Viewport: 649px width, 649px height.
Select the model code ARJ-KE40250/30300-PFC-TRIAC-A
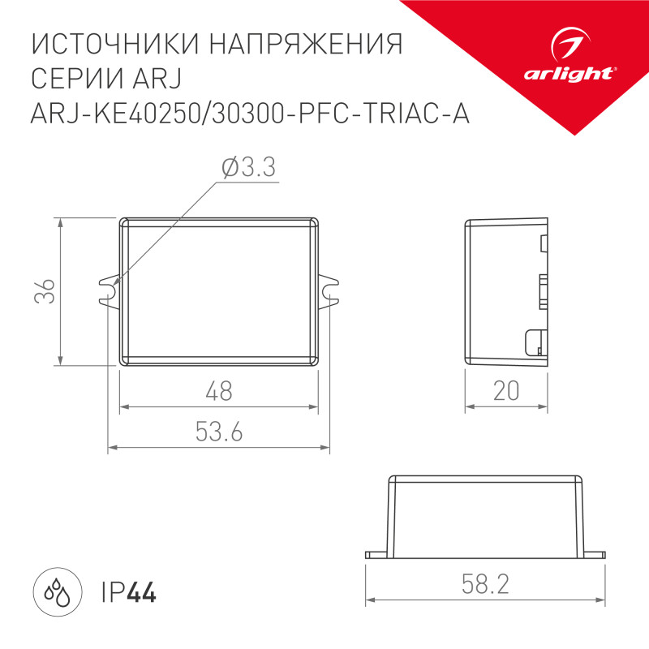[250, 115]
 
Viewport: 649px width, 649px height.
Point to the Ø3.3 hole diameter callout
[247, 169]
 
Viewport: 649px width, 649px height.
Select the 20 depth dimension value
[505, 392]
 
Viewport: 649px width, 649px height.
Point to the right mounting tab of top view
[329, 290]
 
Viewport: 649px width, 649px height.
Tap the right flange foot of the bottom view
[595, 556]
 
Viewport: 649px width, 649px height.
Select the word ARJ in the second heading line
[163, 80]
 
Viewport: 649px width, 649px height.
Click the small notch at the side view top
[543, 241]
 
